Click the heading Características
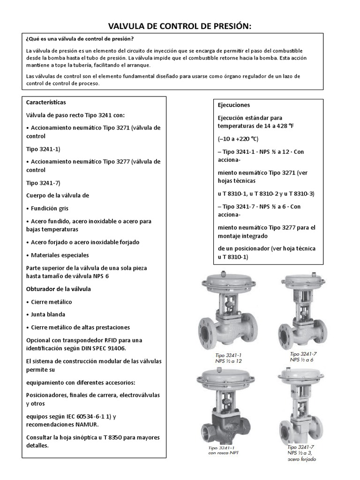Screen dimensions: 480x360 point(46,102)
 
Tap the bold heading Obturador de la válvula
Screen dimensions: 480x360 point(59,289)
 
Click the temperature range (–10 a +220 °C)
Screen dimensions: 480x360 point(238,139)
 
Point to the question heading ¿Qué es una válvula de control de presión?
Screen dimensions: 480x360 point(80,39)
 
